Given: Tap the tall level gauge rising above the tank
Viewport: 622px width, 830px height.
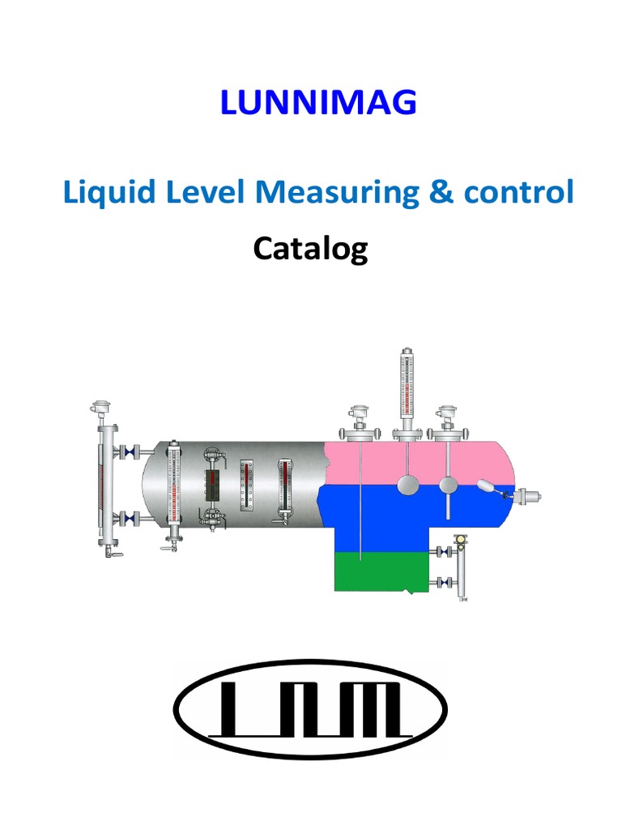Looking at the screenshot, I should point(405,389).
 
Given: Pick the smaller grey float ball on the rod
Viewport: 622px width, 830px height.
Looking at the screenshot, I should point(448,485).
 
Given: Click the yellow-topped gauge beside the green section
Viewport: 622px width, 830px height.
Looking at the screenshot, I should point(462,567).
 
